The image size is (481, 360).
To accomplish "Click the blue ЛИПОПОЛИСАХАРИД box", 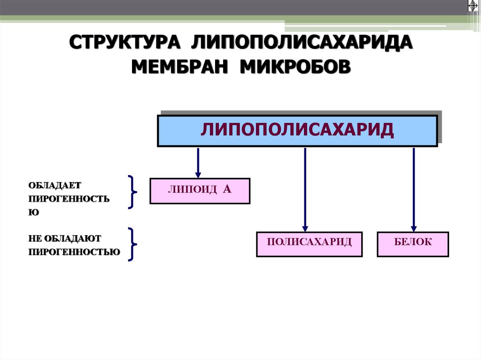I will [x=297, y=131].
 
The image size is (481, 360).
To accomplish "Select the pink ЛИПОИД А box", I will [x=200, y=191].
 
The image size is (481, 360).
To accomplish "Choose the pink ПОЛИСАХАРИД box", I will [x=309, y=244].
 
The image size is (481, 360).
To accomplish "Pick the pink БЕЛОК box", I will [x=412, y=244].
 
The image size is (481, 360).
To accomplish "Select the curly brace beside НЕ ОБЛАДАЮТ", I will [x=132, y=244].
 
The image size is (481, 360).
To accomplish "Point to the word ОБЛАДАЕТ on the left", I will [x=55, y=185].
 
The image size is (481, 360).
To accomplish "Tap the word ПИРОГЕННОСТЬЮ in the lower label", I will [x=74, y=252].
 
